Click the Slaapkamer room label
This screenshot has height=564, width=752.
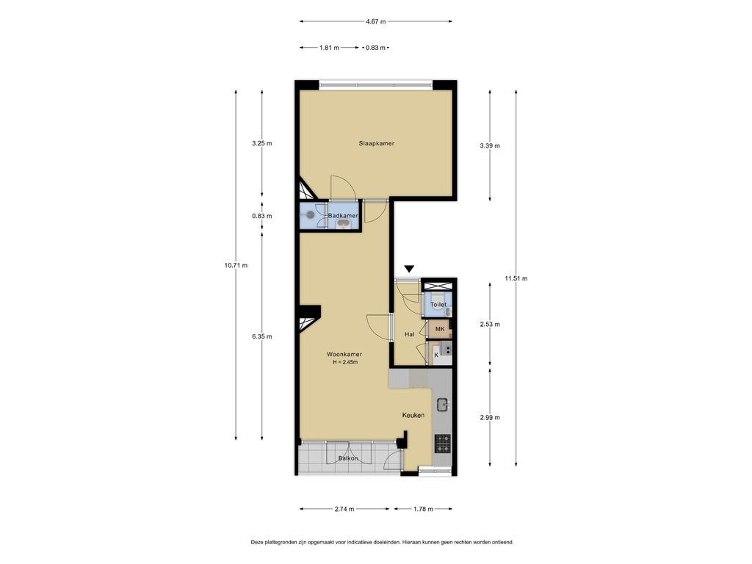click(377, 143)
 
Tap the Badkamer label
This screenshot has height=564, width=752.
click(343, 216)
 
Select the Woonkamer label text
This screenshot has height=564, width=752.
click(344, 354)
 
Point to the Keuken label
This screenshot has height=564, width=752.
click(413, 416)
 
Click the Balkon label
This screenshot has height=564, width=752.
click(348, 459)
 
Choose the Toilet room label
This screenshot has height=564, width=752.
click(438, 304)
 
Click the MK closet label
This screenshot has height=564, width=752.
click(440, 329)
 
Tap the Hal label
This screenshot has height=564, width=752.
click(410, 334)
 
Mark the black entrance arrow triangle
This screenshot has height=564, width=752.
click(409, 270)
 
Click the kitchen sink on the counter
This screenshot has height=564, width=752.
click(443, 404)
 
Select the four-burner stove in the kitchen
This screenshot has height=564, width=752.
click(443, 443)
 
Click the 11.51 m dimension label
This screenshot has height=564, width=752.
click(516, 278)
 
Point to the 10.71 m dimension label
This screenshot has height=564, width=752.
click(236, 265)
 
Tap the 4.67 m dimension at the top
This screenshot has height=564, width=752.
click(376, 22)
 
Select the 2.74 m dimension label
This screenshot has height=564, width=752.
click(344, 509)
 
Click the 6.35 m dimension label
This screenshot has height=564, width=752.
click(261, 336)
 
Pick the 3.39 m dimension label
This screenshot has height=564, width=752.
click(489, 146)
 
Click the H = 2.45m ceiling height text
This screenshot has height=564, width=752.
click(344, 362)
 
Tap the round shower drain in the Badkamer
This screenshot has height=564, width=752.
click(311, 215)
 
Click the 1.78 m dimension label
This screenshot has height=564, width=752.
click(422, 509)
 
